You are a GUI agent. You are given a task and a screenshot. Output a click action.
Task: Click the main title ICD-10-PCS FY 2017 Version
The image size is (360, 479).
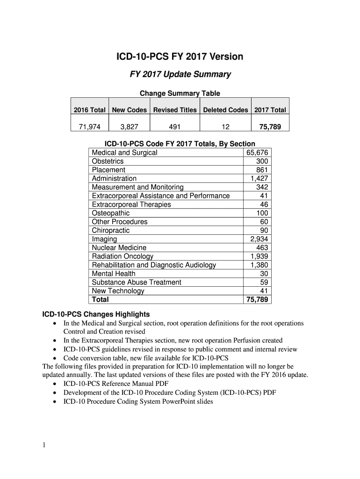click(180, 57)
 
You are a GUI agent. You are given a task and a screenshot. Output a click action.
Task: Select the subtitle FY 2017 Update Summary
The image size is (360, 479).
click(180, 74)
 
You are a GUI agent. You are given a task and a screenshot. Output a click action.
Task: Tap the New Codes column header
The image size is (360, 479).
click(130, 110)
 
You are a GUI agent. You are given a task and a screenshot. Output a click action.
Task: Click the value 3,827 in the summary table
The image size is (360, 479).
click(129, 126)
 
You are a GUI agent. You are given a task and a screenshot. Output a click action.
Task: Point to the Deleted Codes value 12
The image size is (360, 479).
click(225, 126)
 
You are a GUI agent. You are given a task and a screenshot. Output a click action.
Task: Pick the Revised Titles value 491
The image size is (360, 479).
click(175, 126)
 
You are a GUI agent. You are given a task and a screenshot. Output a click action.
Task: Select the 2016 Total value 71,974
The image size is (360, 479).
click(90, 126)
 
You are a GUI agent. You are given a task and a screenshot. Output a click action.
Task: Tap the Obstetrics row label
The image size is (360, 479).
click(108, 161)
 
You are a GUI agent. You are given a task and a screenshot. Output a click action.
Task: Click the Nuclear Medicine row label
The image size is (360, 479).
click(119, 247)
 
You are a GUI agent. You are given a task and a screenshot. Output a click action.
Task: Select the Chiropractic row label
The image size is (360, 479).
click(111, 230)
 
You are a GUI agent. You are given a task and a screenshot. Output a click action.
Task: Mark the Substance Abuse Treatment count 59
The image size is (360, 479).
click(264, 282)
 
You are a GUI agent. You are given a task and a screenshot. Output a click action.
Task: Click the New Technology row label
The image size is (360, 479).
click(118, 291)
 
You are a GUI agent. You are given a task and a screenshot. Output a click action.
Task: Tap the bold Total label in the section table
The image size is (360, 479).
click(101, 299)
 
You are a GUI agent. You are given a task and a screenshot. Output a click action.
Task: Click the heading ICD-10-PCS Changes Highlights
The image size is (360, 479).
click(96, 314)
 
